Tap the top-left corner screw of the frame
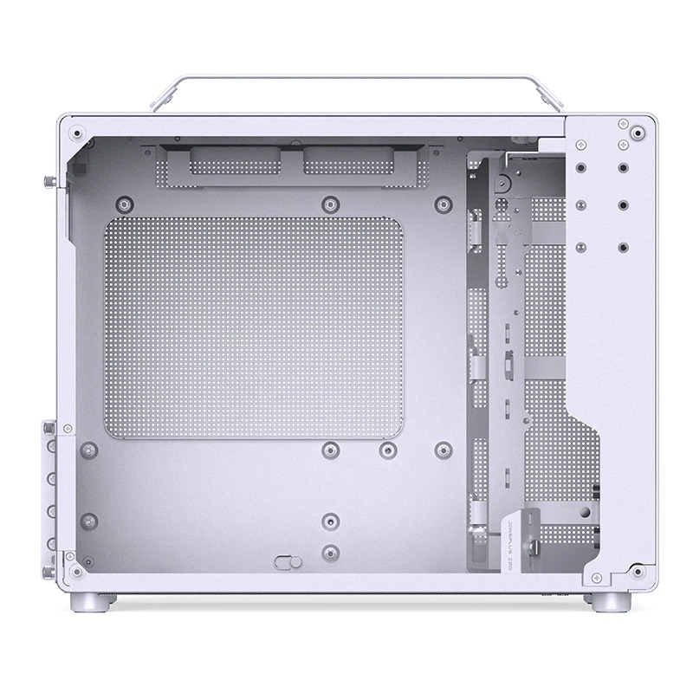pyautogui.click(x=79, y=134)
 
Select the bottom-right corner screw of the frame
pyautogui.click(x=638, y=571)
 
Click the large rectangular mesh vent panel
pyautogui.click(x=253, y=327)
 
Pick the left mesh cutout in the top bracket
pyautogui.click(x=233, y=161)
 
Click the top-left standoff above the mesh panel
pyautogui.click(x=126, y=204)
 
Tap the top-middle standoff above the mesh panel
pyautogui.click(x=328, y=204)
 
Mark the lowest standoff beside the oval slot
pyautogui.click(x=328, y=552)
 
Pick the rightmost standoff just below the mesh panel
pyautogui.click(x=443, y=450)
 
